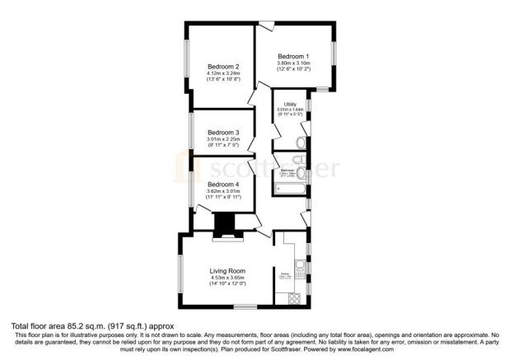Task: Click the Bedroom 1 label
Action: pos(293,54)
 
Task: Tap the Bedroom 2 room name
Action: pos(223,67)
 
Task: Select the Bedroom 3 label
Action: pos(223,133)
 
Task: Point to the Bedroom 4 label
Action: pos(223,185)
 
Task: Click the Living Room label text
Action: pos(228,271)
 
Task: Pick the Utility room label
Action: pos(290,104)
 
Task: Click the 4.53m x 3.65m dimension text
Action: pos(228,278)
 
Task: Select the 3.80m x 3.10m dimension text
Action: pos(293,62)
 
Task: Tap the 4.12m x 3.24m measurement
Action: pos(223,73)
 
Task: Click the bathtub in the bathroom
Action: pos(288,189)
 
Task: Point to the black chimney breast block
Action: pos(224,224)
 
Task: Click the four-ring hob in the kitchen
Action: pos(299,297)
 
